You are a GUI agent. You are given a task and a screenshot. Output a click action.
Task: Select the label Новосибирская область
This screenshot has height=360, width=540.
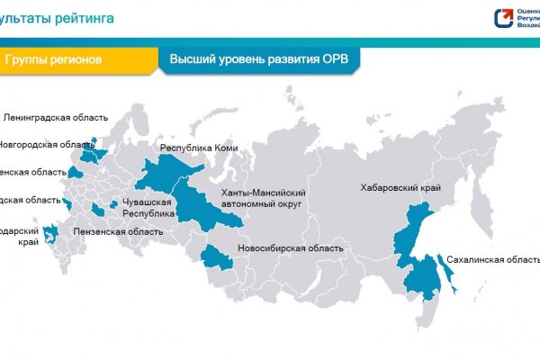tap(291, 247)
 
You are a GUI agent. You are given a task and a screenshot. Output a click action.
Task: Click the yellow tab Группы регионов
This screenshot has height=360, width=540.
tap(54, 59)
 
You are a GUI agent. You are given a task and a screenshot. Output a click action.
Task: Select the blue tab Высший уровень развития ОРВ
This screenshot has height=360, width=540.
tap(259, 59)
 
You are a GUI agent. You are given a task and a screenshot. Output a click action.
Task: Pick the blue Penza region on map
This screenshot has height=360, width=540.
tap(97, 211)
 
